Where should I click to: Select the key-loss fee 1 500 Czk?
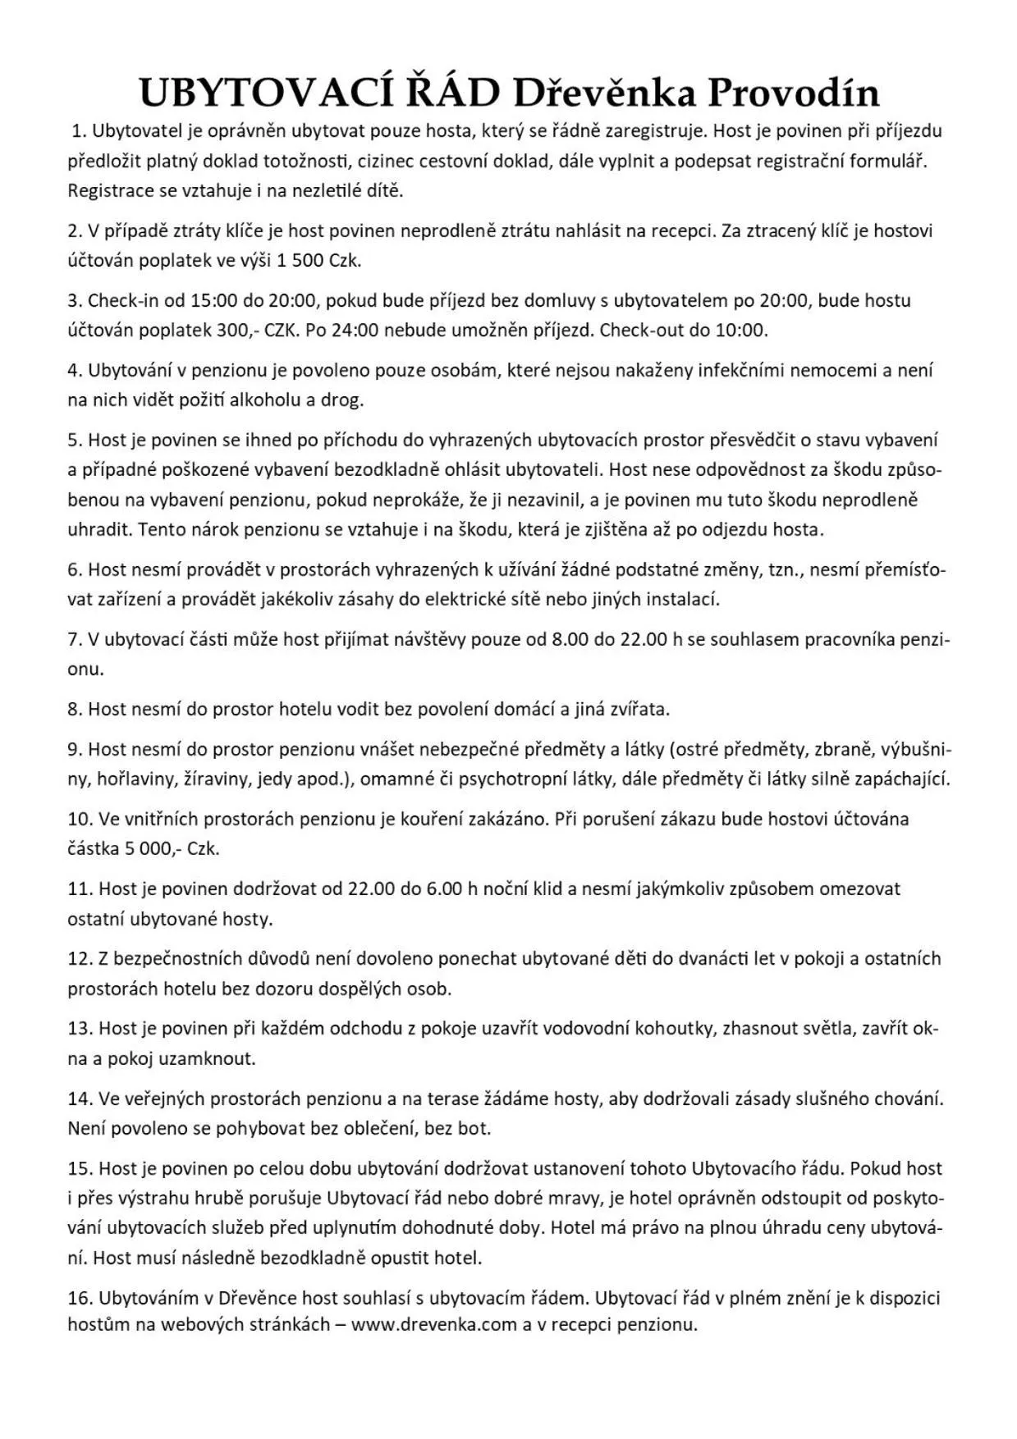coord(318,261)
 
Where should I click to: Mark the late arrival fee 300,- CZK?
coord(259,331)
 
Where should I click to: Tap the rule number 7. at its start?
coord(75,639)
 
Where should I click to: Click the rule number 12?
coord(79,958)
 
